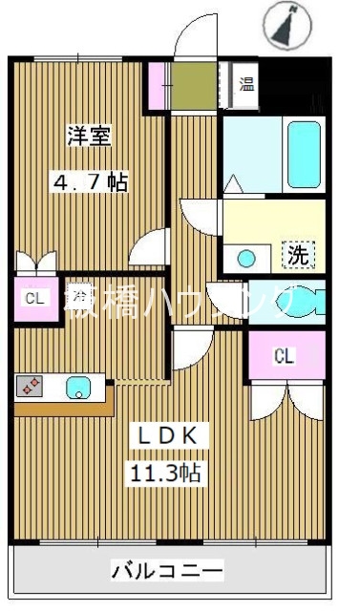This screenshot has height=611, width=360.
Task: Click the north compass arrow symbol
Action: [x=285, y=26]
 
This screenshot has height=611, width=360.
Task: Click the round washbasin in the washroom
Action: [x=246, y=257]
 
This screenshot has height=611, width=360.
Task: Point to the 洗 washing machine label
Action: [x=298, y=255]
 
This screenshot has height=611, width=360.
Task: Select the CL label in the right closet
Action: [x=284, y=356]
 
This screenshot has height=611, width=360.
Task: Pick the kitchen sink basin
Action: [x=77, y=387]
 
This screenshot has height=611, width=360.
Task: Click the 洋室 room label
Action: [x=88, y=136]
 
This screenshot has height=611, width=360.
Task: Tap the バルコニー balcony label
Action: [x=168, y=571]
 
